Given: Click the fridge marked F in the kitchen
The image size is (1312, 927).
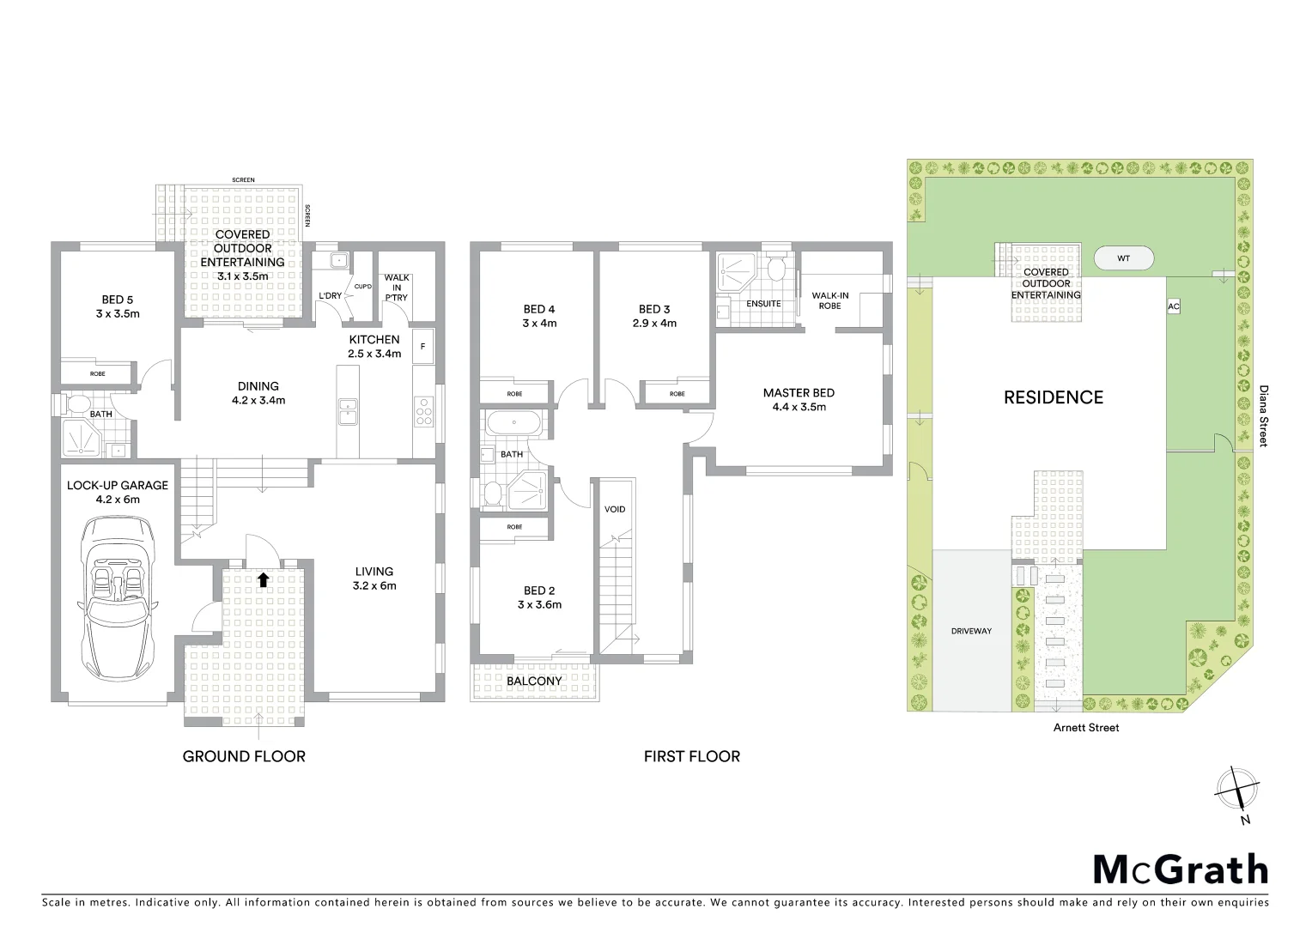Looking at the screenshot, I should tap(422, 347).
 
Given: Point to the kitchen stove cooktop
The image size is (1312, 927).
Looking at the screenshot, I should tap(423, 411).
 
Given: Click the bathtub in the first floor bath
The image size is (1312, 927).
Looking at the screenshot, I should tap(513, 423).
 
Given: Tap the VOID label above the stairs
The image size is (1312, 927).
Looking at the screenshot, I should tap(615, 509).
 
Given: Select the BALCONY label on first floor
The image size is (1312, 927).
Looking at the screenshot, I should tap(534, 681).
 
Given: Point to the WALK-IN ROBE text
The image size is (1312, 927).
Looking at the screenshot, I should tap(829, 300).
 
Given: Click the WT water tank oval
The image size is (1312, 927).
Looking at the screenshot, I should tap(1123, 258).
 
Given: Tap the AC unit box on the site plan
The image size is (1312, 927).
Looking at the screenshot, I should tap(1174, 306).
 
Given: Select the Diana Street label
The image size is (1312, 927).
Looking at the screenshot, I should tap(1262, 416).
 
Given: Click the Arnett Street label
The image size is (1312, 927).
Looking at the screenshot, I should tap(1087, 728).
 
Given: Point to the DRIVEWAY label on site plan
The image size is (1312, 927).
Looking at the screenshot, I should tap(971, 631).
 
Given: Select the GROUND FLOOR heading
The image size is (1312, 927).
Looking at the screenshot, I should tap(244, 756).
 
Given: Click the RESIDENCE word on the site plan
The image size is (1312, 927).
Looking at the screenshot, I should tap(1054, 397).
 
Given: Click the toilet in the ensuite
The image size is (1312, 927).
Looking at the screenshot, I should tap(776, 270).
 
